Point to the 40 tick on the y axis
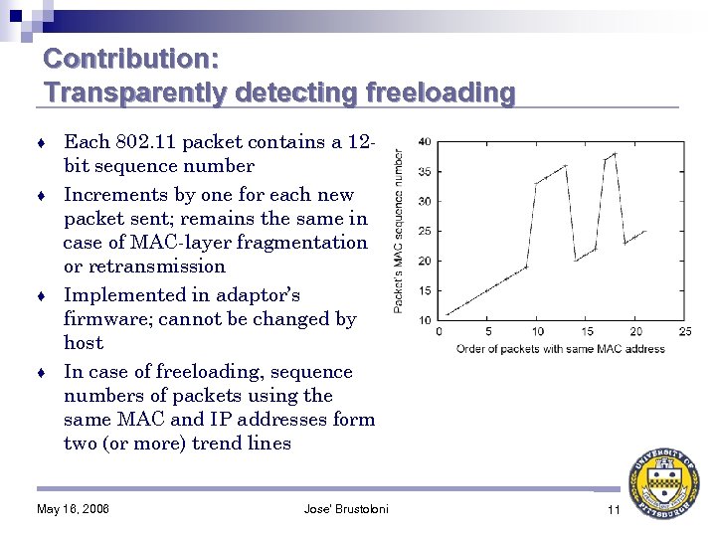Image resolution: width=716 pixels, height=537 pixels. coord(424,141)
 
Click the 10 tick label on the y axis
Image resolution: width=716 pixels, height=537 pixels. coord(424,320)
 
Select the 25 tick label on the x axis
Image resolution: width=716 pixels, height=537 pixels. coord(685,332)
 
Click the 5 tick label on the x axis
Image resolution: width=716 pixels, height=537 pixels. coord(487,332)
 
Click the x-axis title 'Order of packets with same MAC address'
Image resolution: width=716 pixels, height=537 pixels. coord(561,349)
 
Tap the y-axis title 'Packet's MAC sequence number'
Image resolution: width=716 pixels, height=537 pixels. coord(400,231)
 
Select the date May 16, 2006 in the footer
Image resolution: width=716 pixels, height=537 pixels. coord(73,510)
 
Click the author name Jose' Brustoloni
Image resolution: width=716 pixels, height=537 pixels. coord(346,510)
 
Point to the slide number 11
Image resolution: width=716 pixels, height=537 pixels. coord(614,510)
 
